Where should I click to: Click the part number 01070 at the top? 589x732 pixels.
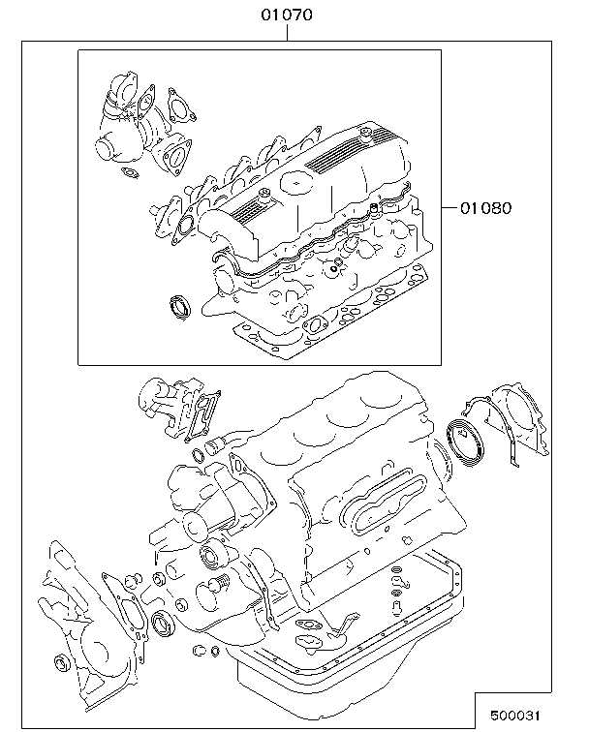click(287, 15)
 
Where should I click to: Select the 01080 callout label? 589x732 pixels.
click(485, 207)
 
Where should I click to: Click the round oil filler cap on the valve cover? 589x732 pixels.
click(294, 182)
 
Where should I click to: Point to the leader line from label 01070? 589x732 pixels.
click(287, 33)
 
